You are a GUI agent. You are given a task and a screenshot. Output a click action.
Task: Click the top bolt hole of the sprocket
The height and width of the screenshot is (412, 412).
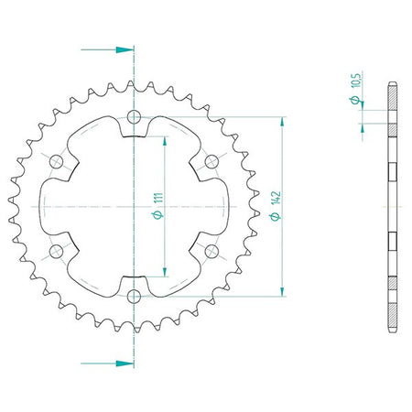pos(134,116)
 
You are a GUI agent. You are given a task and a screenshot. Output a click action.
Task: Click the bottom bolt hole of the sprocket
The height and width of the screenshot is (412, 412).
pos(134,296)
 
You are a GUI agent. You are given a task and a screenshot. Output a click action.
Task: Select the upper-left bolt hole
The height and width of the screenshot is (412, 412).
pos(56,161)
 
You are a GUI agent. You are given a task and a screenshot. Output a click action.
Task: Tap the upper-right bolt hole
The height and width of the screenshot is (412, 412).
pos(211,161)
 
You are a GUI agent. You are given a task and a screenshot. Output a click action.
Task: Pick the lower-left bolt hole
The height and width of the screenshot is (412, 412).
pos(56,251)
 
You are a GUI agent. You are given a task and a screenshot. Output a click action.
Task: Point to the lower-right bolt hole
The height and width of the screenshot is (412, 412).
pos(211,251)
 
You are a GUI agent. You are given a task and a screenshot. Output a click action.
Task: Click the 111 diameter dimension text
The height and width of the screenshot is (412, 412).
pos(159,199)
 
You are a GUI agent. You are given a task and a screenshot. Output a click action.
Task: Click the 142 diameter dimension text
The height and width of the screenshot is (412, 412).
pos(276,199)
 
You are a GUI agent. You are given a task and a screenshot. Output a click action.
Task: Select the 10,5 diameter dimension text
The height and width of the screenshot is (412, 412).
pos(357,80)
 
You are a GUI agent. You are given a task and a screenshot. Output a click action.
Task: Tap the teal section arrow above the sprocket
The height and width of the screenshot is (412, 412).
pos(107,49)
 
